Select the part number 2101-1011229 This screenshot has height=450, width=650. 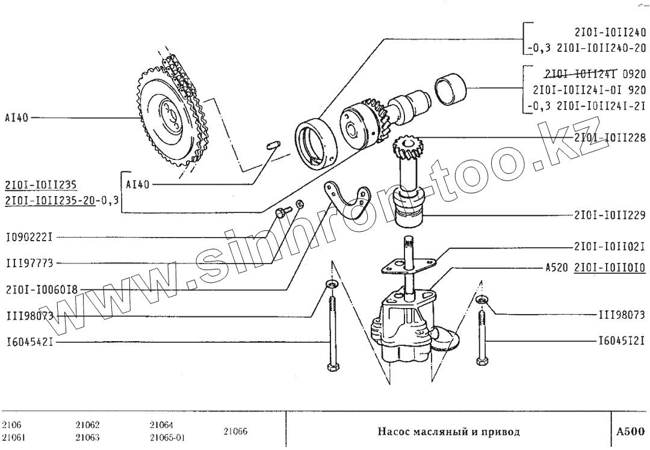point(609,215)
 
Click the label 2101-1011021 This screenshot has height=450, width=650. point(609,246)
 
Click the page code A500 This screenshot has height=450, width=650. point(630,431)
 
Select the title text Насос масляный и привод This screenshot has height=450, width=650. point(448,431)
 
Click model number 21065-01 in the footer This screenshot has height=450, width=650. point(167,437)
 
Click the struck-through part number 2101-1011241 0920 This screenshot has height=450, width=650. point(593,75)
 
